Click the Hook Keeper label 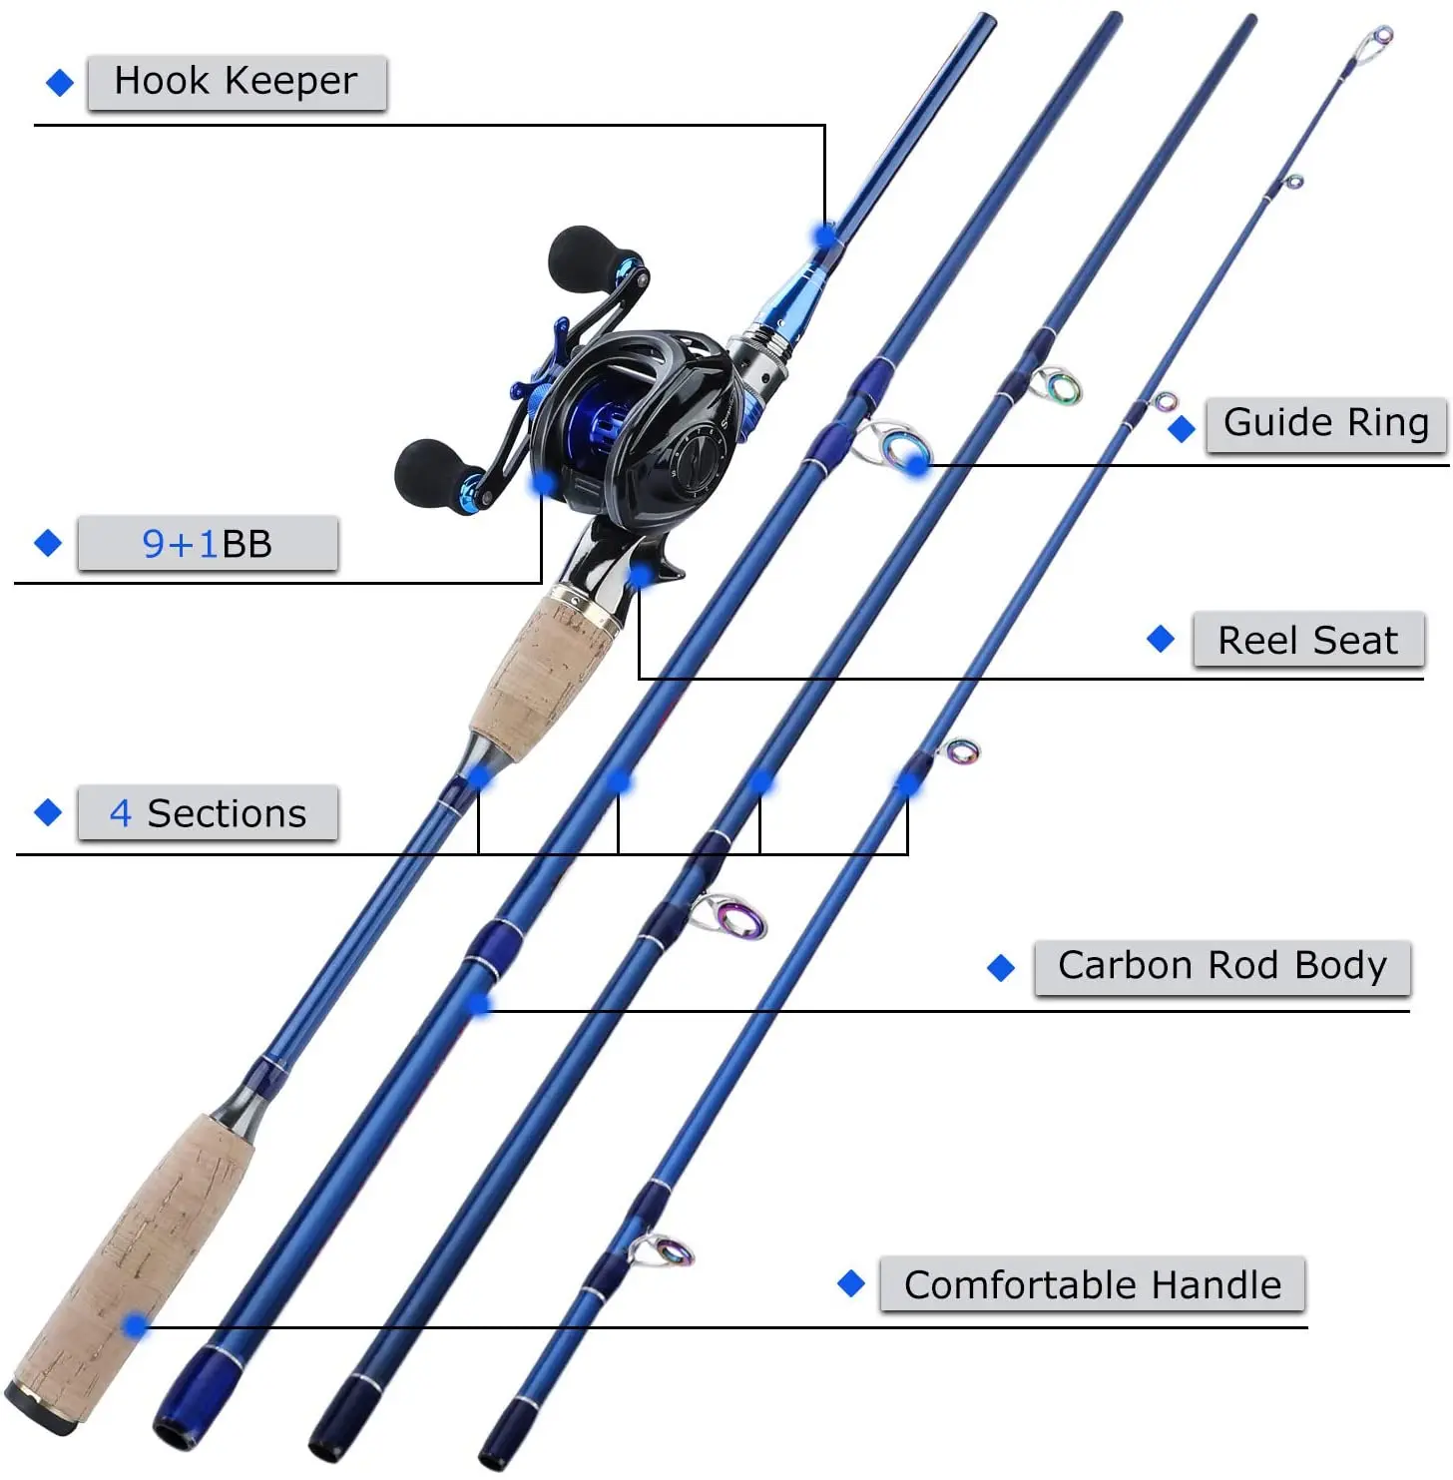click(x=237, y=82)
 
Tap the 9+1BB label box click(x=208, y=544)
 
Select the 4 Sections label click(x=208, y=813)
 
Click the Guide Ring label click(x=1325, y=423)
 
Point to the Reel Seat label click(x=1307, y=641)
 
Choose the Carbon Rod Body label click(x=1221, y=966)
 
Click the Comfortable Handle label click(x=1092, y=1284)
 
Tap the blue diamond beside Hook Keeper click(x=60, y=83)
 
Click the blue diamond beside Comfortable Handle click(x=851, y=1283)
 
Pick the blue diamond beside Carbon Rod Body click(x=1000, y=967)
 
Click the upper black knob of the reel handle click(x=584, y=257)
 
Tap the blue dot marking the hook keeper click(x=825, y=237)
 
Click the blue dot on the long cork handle click(x=136, y=1325)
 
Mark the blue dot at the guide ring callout click(x=917, y=463)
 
